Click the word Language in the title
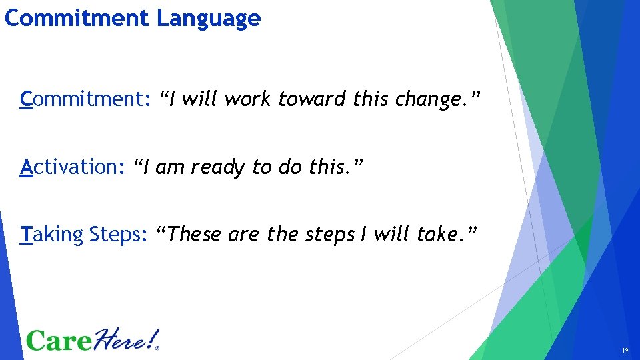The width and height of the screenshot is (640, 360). click(208, 18)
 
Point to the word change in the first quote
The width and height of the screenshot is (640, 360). click(425, 99)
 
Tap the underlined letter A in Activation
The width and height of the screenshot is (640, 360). click(27, 167)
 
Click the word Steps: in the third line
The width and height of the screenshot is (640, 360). click(118, 235)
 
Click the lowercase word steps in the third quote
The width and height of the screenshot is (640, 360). click(325, 235)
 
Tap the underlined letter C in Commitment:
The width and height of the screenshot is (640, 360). click(27, 99)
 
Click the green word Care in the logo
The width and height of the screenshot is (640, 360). click(59, 340)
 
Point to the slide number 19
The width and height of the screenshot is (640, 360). click(625, 351)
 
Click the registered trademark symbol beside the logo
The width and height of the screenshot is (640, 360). click(157, 347)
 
